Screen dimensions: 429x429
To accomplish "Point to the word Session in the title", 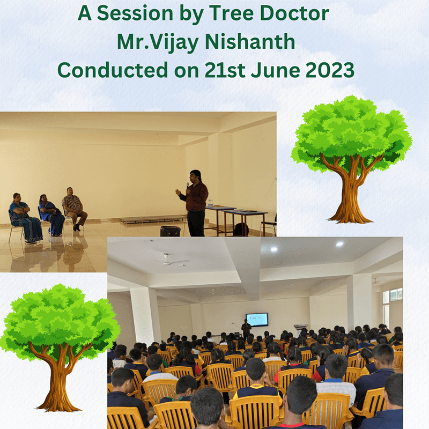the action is pos(135,13).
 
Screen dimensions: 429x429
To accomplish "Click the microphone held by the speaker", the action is pos(188,186).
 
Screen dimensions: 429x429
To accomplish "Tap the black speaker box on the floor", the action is pos(170,231).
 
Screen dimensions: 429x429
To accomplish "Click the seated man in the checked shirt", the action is pos(75,209).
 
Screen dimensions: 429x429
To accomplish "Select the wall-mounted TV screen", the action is pos(257,320).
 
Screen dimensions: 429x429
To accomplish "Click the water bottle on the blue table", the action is pos(210,203).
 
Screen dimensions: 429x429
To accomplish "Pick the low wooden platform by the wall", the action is pos(153,219).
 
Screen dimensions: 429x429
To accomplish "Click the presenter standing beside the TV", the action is pos(246,329).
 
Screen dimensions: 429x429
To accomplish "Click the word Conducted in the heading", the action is pos(113,70).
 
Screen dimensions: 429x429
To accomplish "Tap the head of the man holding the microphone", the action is pos(195,176).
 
